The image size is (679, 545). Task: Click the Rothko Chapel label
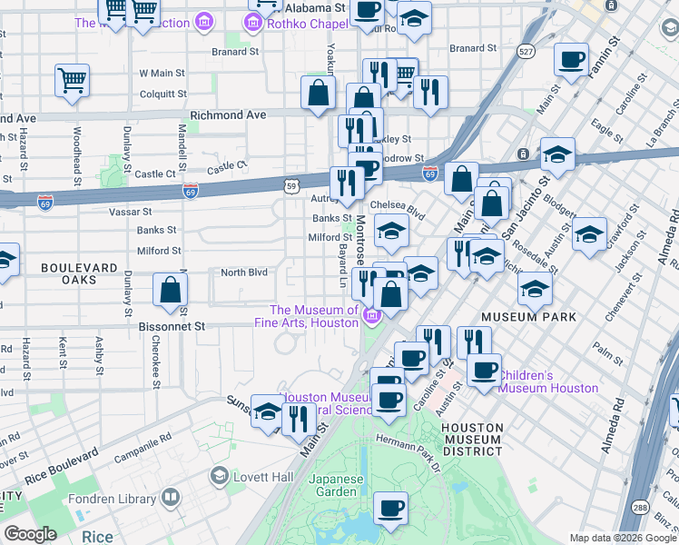(307, 24)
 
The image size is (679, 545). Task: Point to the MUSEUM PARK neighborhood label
(529, 317)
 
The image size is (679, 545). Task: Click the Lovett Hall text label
(260, 475)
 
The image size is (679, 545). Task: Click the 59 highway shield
(290, 186)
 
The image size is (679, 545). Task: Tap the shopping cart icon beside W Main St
(72, 79)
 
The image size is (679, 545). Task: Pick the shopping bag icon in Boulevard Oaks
(171, 291)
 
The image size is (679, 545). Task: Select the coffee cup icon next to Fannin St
(571, 60)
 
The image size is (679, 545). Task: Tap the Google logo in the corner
(31, 534)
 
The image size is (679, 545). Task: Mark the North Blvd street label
(244, 272)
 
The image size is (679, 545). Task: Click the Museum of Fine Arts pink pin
(370, 316)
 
